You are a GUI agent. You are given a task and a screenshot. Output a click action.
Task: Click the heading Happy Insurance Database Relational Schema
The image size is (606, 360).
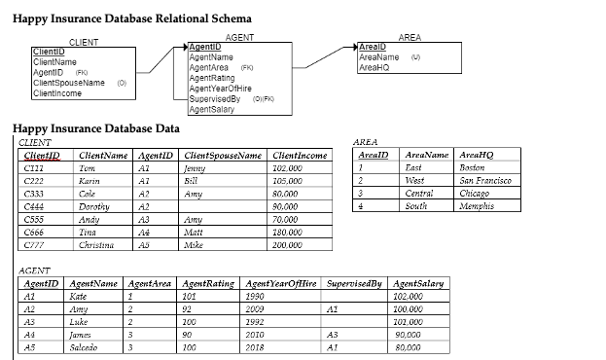click(131, 18)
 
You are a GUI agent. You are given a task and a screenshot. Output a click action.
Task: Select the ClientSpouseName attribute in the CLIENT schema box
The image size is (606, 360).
click(69, 83)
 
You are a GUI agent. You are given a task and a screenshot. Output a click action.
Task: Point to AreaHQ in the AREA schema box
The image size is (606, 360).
click(374, 68)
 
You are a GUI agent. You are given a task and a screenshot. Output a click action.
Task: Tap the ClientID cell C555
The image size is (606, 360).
click(35, 220)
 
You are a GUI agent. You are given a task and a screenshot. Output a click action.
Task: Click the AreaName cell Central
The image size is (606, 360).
click(419, 193)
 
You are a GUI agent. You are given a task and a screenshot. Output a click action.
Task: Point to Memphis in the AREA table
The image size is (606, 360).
click(477, 205)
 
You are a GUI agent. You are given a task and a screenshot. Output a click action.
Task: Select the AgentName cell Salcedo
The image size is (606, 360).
click(89, 347)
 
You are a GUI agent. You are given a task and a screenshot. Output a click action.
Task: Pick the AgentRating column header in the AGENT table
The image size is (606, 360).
click(208, 283)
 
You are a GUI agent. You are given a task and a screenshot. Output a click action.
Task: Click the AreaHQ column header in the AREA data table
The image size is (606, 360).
click(475, 154)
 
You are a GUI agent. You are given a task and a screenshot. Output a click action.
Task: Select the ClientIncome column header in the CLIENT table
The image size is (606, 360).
click(300, 154)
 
